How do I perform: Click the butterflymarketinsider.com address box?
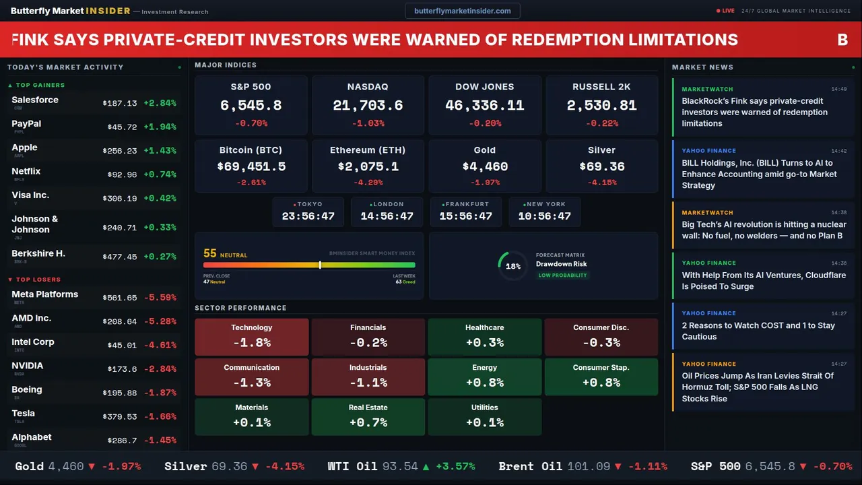coord(462,11)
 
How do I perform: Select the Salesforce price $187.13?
coord(120,104)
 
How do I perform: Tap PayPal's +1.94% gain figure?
coord(160,127)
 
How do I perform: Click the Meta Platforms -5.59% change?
coord(160,298)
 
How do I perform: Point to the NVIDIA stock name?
coord(28,366)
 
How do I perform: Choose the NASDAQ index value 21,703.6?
coord(368,106)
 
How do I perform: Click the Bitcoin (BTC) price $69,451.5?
coord(251,166)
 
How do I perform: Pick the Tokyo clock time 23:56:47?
coord(308,216)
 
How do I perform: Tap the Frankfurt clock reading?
coord(465,216)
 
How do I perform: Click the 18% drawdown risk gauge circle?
coord(513,266)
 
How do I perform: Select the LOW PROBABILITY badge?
coord(563,276)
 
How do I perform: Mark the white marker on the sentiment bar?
coord(320,265)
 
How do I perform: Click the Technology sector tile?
coord(252,337)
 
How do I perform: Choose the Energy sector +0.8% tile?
coord(485,377)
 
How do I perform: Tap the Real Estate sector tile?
coord(368,416)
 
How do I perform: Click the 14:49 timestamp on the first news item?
coord(838,89)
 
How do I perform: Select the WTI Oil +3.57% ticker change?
coord(454,467)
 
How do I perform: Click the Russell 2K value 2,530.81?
coord(601,106)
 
